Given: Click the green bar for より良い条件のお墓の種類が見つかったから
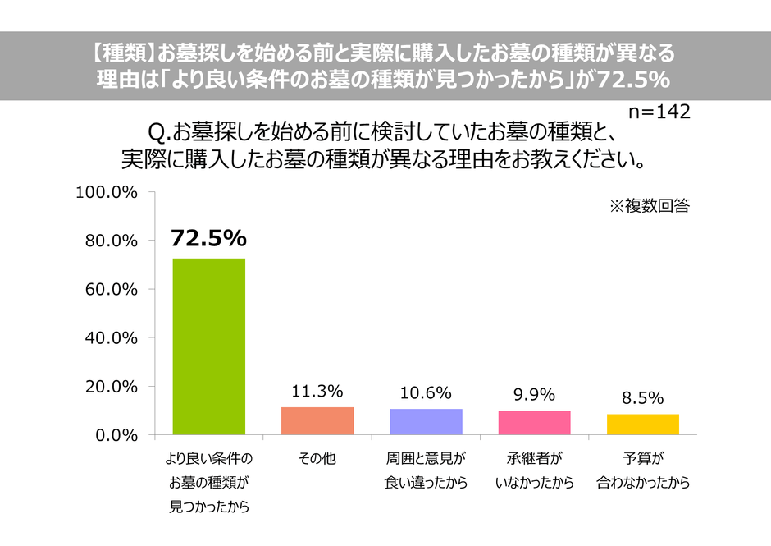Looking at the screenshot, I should tap(208, 346).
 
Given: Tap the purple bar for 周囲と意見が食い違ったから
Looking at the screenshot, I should tap(426, 421).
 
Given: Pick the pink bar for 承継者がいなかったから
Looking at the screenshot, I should tap(535, 422).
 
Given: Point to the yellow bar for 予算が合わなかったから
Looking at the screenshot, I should tap(643, 424).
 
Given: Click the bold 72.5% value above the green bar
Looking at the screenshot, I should tap(208, 238).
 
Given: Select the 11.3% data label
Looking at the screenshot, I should tap(317, 391).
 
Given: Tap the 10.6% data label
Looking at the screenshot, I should tap(426, 392).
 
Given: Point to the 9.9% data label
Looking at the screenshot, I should tap(535, 394).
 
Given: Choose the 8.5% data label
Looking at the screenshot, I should tap(643, 397).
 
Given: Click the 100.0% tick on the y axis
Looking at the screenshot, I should tap(107, 192).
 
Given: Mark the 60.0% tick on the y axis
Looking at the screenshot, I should tap(110, 289).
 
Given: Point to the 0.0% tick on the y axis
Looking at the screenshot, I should tap(114, 434).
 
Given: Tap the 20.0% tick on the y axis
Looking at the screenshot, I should tap(110, 386).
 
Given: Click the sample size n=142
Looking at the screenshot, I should tap(659, 111).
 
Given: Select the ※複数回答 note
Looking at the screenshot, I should tap(649, 206).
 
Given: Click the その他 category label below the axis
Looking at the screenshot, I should tap(317, 459).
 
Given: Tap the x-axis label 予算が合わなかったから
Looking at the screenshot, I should tap(643, 470).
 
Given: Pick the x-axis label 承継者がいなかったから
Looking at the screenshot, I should tap(535, 470).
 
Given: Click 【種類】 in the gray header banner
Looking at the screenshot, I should tap(120, 54).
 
